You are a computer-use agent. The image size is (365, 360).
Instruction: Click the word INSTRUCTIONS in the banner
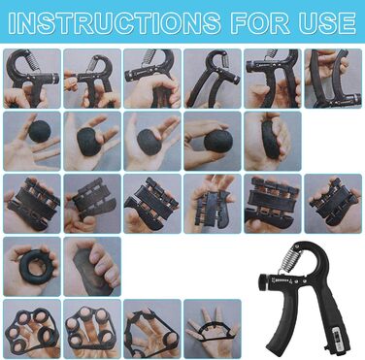114,23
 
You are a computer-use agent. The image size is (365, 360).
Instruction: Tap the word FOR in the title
260,23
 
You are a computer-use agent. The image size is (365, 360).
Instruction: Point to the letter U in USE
309,23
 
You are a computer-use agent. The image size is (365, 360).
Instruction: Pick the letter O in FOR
260,23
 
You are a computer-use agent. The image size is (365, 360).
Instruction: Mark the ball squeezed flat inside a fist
271,140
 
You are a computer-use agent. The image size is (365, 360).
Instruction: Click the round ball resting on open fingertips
40,131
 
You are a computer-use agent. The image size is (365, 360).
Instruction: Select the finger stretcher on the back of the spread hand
213,331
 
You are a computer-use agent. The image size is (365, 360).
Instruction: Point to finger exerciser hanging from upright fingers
214,204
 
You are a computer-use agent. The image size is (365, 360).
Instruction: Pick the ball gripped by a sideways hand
218,142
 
